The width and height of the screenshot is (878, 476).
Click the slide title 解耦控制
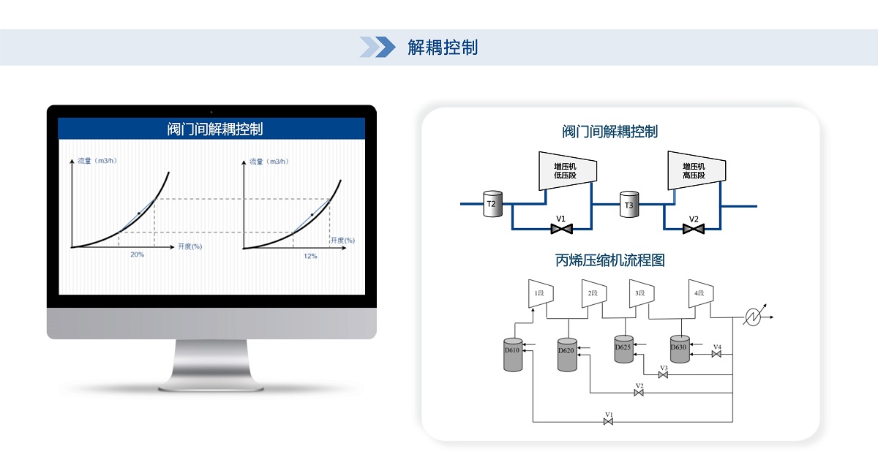point(443,48)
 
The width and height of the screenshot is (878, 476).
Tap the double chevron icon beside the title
point(378,47)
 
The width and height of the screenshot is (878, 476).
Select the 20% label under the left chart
point(137,254)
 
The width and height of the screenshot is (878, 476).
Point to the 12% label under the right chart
point(310,255)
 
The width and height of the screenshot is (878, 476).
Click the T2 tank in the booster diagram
point(492,204)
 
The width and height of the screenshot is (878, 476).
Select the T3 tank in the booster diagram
point(629,205)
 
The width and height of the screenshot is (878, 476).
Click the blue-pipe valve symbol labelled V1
point(561,230)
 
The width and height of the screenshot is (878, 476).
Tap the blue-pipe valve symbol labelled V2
point(693,230)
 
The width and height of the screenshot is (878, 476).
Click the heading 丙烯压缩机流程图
point(609,260)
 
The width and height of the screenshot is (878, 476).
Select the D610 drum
point(512,354)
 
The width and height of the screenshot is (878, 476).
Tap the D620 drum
point(567,353)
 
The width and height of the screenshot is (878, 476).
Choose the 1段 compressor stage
point(540,293)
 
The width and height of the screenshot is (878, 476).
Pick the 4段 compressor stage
point(699,293)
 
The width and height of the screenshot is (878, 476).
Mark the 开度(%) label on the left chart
point(190,246)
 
